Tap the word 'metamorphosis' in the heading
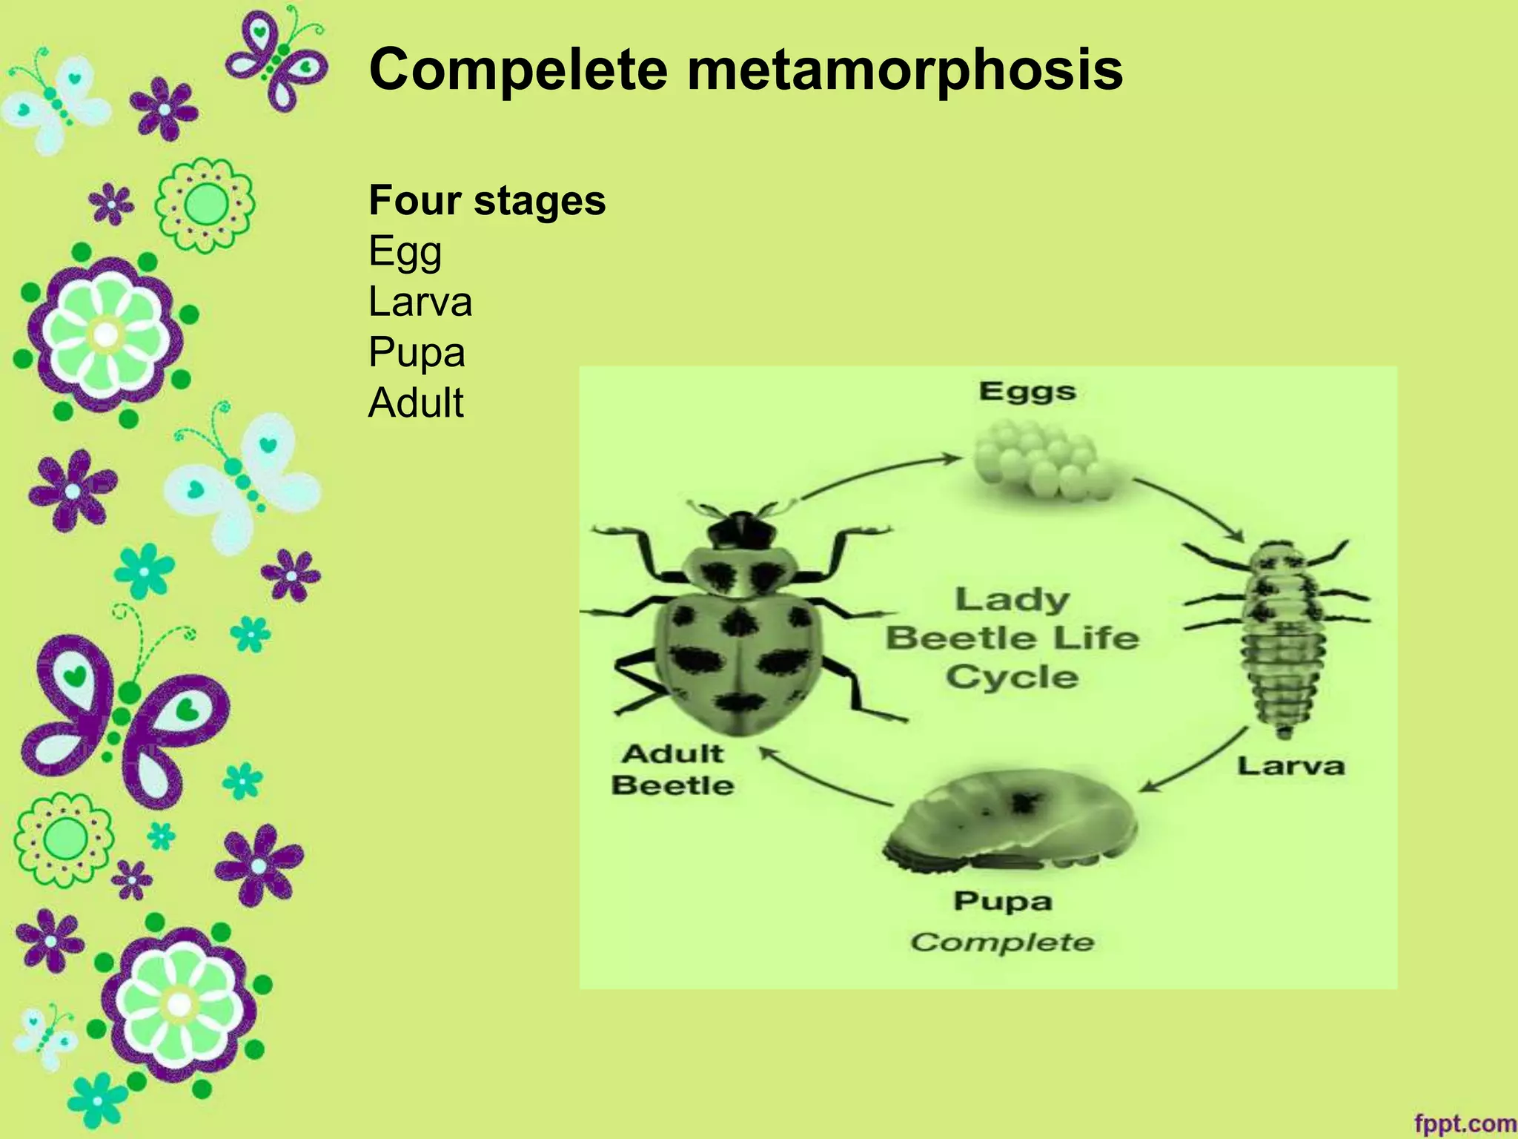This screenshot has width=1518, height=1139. [x=904, y=70]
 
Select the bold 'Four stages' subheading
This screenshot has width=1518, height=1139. [x=487, y=200]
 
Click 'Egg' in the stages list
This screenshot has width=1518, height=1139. [x=405, y=252]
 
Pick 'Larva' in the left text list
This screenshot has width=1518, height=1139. [x=420, y=302]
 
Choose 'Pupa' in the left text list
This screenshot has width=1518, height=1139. [x=417, y=352]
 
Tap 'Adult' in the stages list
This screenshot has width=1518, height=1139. [x=416, y=403]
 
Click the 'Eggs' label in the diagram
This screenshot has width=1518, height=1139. [x=1027, y=392]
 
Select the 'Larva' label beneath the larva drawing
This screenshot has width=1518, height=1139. [x=1290, y=766]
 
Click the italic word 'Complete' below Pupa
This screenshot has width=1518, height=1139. [x=1002, y=942]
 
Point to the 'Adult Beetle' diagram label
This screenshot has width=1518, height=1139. [x=672, y=770]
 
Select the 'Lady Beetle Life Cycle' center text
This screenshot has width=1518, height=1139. [x=1012, y=638]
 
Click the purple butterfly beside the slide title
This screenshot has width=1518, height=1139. [x=276, y=59]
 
